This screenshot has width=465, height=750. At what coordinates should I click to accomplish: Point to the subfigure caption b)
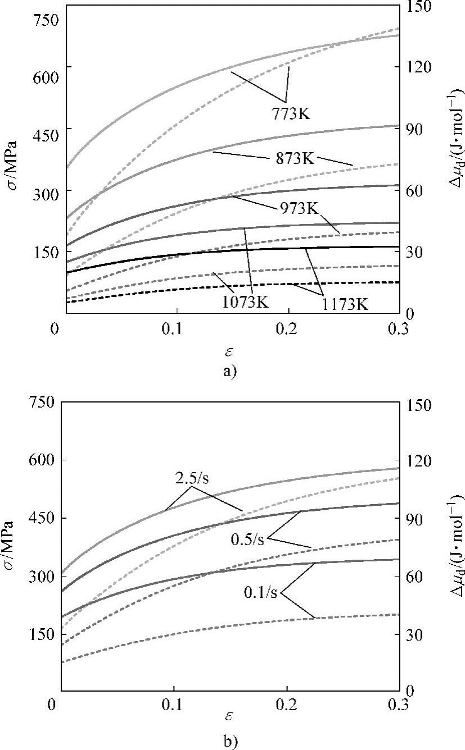pyautogui.click(x=229, y=742)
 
